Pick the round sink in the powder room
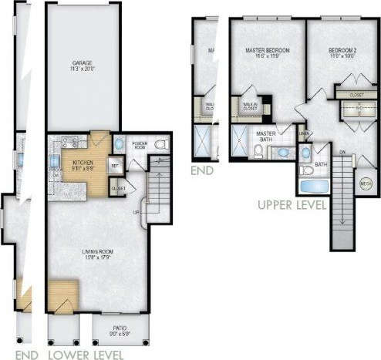pyautogui.click(x=119, y=145)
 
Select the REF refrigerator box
pyautogui.click(x=113, y=165)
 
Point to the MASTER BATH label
pyautogui.click(x=267, y=136)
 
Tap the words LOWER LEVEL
pyautogui.click(x=85, y=354)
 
